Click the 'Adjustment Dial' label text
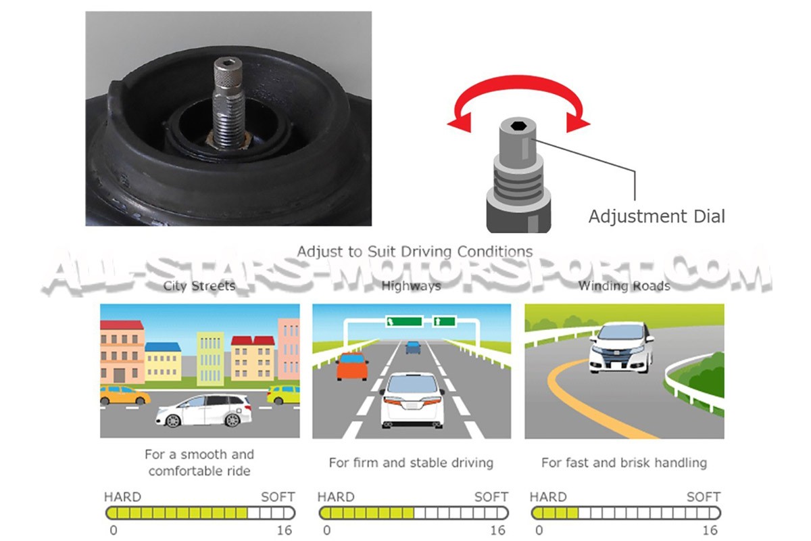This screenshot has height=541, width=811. pos(656,216)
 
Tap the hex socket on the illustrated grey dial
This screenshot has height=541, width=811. pos(517,125)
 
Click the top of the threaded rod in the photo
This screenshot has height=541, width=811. pos(227,65)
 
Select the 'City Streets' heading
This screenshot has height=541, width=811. pos(199,286)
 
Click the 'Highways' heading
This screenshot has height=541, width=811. pos(411,286)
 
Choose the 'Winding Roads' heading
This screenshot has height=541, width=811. pos(624,286)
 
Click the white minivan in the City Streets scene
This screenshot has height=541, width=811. pos(203,410)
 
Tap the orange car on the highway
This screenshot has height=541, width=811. pos(352,365)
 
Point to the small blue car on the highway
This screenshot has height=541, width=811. pos(413,348)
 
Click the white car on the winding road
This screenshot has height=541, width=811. pos(621,347)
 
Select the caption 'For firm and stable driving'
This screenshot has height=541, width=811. pos(411,463)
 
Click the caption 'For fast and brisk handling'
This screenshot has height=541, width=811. pos(624,463)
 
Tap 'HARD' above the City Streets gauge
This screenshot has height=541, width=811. pos(122,497)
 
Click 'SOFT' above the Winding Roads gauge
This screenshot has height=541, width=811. pos(704,497)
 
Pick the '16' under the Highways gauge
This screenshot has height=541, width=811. pos(497,530)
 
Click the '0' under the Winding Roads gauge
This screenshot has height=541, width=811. pos(539,530)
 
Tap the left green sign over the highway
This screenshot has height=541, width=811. pos(403,321)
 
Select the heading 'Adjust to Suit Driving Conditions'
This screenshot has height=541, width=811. pos(415,252)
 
